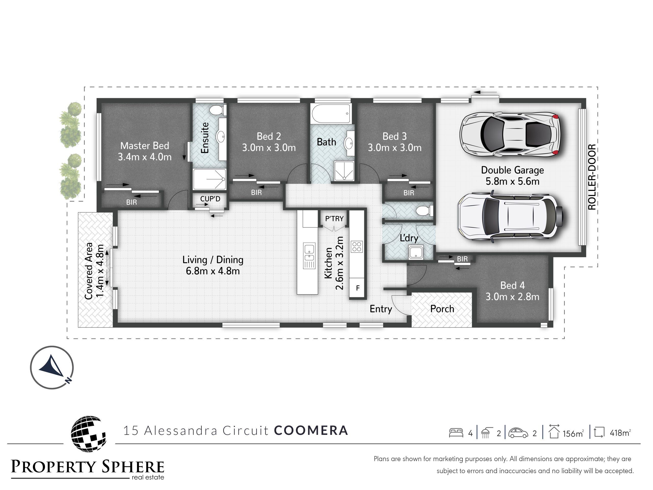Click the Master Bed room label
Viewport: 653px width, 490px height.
click(145, 146)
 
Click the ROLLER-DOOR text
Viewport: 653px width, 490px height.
click(592, 177)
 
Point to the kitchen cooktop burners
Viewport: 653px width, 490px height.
click(357, 247)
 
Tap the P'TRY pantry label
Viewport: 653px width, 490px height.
click(334, 218)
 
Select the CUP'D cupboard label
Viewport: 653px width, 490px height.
click(210, 199)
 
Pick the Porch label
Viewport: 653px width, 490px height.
click(442, 309)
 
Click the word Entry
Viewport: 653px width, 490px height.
click(381, 309)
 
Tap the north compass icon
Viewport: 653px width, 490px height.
click(52, 367)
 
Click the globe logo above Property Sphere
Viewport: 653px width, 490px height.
click(88, 433)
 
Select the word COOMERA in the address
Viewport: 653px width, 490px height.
click(311, 430)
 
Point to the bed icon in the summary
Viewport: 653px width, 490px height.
click(456, 433)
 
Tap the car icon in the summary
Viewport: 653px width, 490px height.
click(518, 433)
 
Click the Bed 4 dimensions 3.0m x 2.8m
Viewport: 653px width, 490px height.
click(512, 297)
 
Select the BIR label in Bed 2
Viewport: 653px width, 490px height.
click(256, 193)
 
